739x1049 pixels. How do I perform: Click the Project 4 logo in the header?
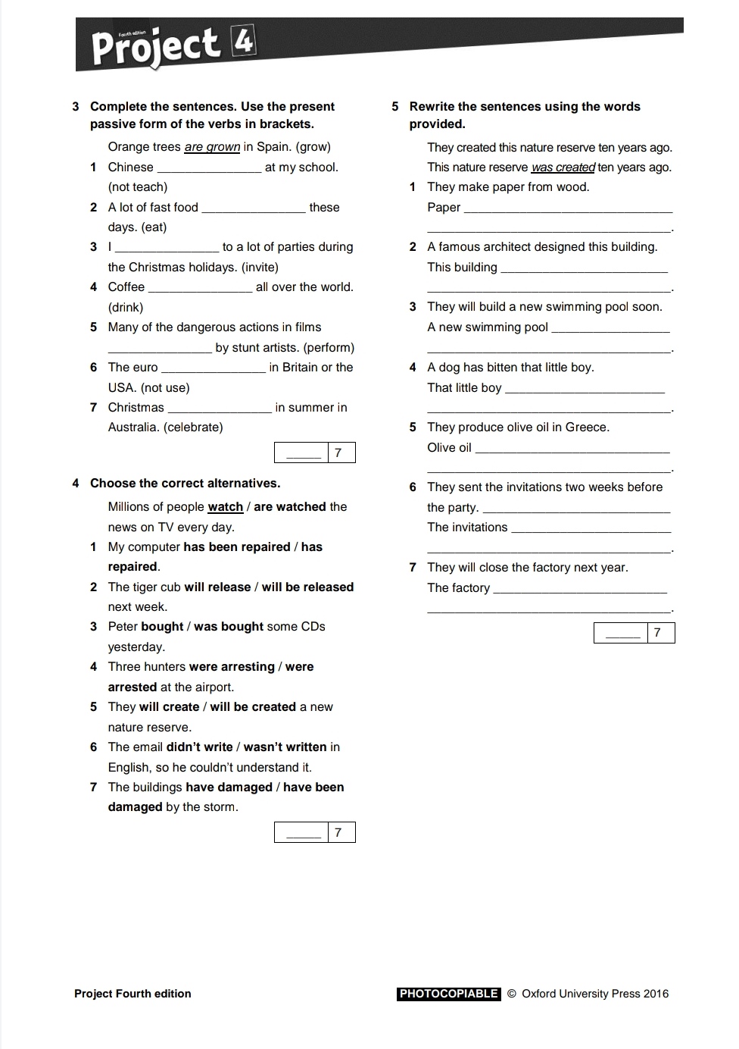(173, 45)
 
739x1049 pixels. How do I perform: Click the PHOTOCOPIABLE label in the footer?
(448, 994)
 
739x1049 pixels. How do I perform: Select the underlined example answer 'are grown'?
(212, 147)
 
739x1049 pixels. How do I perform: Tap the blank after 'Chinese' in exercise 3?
(209, 168)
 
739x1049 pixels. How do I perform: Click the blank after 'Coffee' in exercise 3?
(201, 288)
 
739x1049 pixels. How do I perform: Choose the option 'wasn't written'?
(285, 747)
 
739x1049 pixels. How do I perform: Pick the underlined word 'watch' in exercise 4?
(225, 507)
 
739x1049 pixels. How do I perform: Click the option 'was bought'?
(229, 627)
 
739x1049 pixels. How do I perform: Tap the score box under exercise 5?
(634, 633)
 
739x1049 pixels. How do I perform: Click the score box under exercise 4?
(314, 833)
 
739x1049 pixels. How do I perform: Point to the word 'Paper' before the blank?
(444, 208)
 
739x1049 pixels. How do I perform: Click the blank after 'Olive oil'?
(572, 449)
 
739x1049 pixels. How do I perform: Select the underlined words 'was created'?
(563, 168)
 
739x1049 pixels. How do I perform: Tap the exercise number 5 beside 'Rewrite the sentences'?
(395, 107)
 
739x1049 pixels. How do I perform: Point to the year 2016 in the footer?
(656, 994)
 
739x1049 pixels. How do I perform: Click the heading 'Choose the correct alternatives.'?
(185, 484)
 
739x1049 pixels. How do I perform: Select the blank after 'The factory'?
(580, 589)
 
